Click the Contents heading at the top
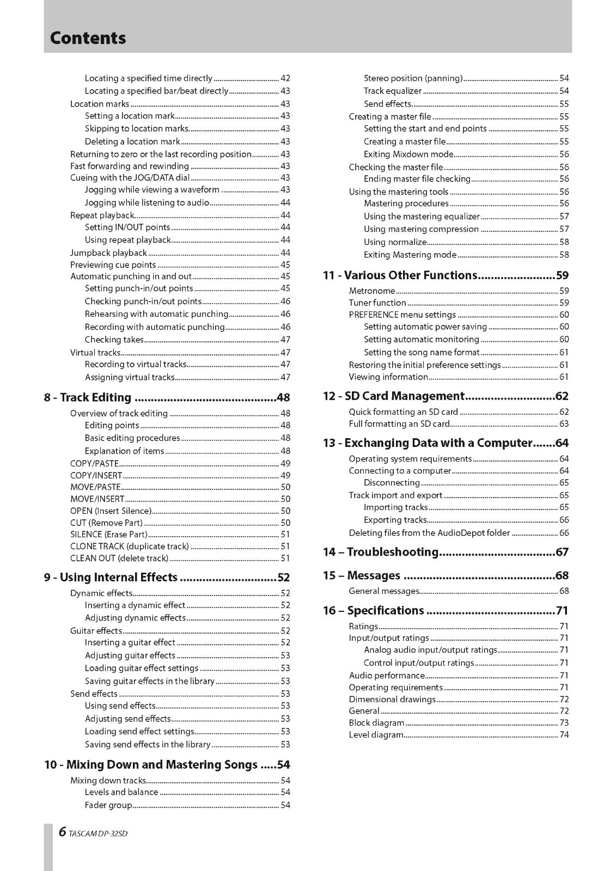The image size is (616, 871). coord(88,38)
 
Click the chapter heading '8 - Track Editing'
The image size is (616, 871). coord(88,397)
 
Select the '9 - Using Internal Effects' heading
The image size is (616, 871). coord(111,578)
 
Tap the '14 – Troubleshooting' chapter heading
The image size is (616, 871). coord(380,552)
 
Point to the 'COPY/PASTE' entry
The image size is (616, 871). coord(94,464)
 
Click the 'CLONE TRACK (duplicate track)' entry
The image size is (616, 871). coord(130,546)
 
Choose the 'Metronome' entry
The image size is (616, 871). coord(371,291)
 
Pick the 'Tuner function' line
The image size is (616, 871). coord(377,303)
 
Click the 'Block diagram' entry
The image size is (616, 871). coord(376,723)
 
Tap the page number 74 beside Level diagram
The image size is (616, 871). coord(564,735)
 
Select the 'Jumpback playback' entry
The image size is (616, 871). coord(108,253)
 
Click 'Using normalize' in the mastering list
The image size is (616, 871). coord(395,242)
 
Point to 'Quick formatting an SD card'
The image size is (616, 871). coord(403,412)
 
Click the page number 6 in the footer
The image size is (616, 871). coord(62,832)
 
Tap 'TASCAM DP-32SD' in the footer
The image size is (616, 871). coord(98,833)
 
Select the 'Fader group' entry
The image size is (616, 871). coord(108,805)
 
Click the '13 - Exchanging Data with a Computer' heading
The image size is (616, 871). coord(427,443)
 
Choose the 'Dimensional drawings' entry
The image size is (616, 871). coord(392,700)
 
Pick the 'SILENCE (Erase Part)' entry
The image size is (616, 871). coord(108,535)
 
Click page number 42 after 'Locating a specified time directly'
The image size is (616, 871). coord(285,78)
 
